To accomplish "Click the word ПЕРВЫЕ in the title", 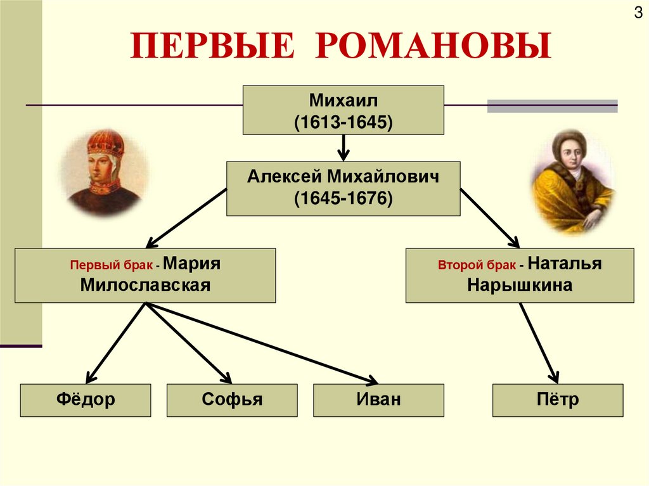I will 213,48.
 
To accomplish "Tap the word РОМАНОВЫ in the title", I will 432,48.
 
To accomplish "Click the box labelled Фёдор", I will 86,400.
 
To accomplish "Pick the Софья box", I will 232,400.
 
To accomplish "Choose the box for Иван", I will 378,400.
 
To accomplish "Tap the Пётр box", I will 558,400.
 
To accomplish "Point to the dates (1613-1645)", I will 343,121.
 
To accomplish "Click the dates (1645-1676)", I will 343,199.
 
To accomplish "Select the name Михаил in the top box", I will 343,100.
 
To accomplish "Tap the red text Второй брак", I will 477,265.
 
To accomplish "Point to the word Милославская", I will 145,285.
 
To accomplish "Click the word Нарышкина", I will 520,285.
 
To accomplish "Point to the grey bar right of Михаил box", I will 552,106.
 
